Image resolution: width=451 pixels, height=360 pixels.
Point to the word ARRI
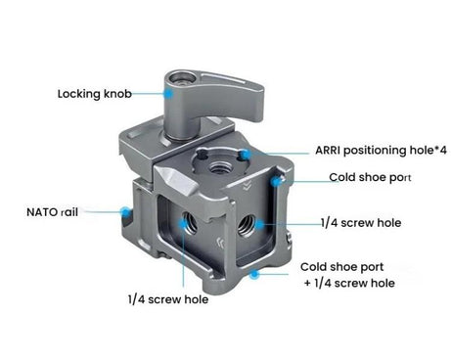coord(330,152)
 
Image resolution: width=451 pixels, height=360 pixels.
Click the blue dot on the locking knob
coord(169,94)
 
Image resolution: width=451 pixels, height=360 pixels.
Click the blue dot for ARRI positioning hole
coord(248,154)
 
